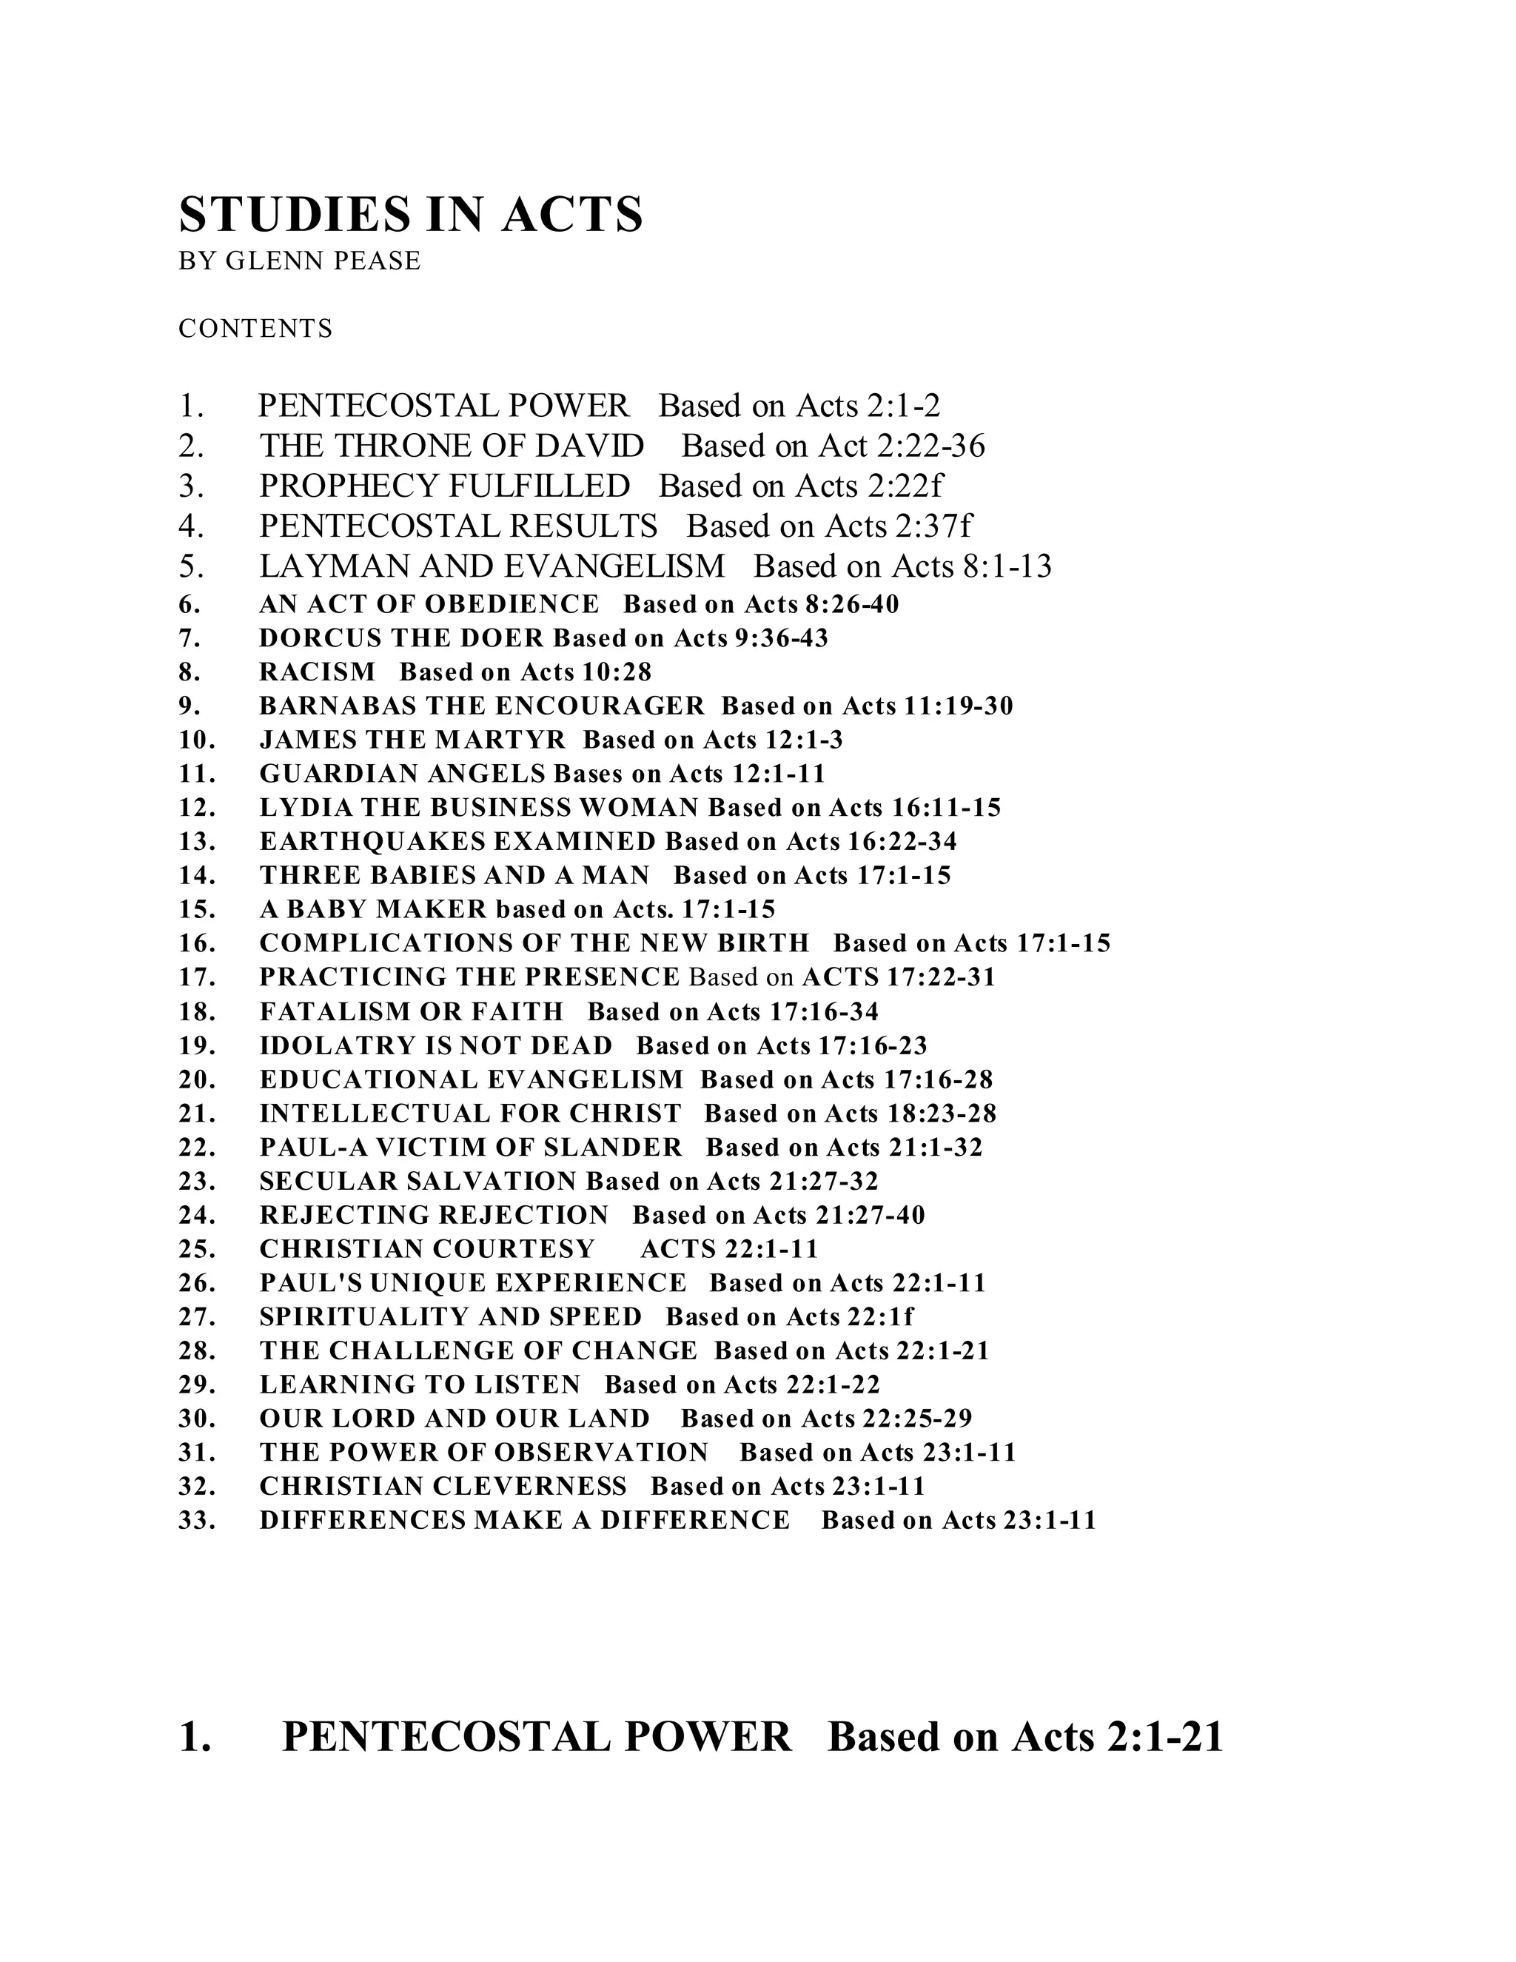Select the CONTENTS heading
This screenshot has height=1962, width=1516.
click(255, 329)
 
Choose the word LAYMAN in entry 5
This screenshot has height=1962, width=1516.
click(324, 566)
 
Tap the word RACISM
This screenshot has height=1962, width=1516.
click(317, 672)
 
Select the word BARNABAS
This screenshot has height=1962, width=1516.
click(337, 706)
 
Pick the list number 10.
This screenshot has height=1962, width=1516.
click(197, 740)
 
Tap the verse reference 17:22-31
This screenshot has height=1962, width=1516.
click(942, 977)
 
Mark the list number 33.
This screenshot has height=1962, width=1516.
click(197, 1520)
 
